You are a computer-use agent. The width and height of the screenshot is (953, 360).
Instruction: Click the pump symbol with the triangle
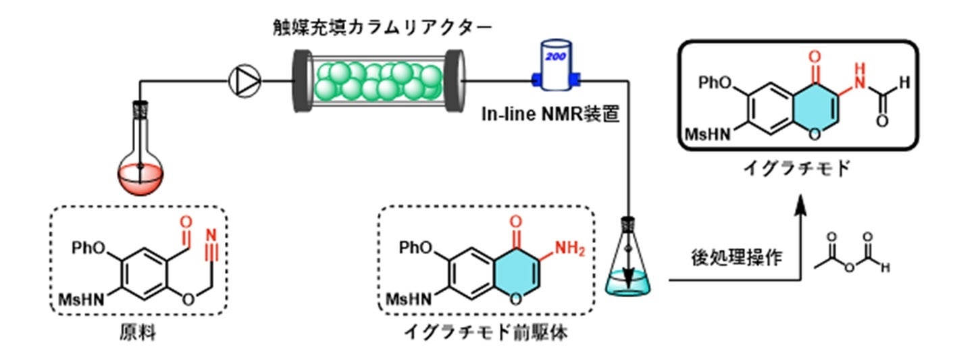(x=244, y=81)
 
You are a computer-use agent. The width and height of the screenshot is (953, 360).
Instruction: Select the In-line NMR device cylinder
(x=556, y=66)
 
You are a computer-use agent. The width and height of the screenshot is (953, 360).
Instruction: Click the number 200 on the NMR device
(x=555, y=56)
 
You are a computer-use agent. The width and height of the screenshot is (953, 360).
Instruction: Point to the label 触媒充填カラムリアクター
(x=382, y=28)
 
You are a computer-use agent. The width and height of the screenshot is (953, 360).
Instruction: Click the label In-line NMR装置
(x=550, y=114)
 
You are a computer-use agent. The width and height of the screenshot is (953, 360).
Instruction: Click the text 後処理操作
(x=736, y=257)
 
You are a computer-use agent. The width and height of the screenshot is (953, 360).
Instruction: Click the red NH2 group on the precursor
(x=570, y=248)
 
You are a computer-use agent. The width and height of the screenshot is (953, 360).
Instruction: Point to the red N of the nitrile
(x=211, y=234)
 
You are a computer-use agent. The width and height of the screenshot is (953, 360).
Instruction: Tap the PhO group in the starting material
(x=88, y=247)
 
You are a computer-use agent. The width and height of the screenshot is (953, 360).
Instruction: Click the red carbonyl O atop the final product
(x=815, y=56)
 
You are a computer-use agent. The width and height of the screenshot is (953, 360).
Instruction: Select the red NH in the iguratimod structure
(x=860, y=76)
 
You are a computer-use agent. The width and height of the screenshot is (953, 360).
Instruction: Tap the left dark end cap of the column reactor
(x=303, y=81)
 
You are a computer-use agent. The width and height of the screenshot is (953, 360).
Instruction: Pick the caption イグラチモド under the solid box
(x=797, y=168)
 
